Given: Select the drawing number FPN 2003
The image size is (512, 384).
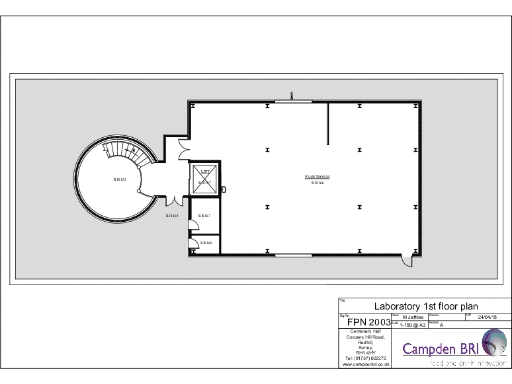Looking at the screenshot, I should coord(367,322).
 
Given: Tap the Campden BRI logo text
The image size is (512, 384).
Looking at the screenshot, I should coord(440,349).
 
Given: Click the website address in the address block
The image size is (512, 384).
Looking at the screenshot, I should coord(366,364).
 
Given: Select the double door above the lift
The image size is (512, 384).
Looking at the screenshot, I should coord(181,148).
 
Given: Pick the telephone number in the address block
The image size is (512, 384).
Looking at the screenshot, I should coord(366,357).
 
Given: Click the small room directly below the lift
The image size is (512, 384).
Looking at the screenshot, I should coord(205,216).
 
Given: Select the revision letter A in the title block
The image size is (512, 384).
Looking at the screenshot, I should coord(442,325).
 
